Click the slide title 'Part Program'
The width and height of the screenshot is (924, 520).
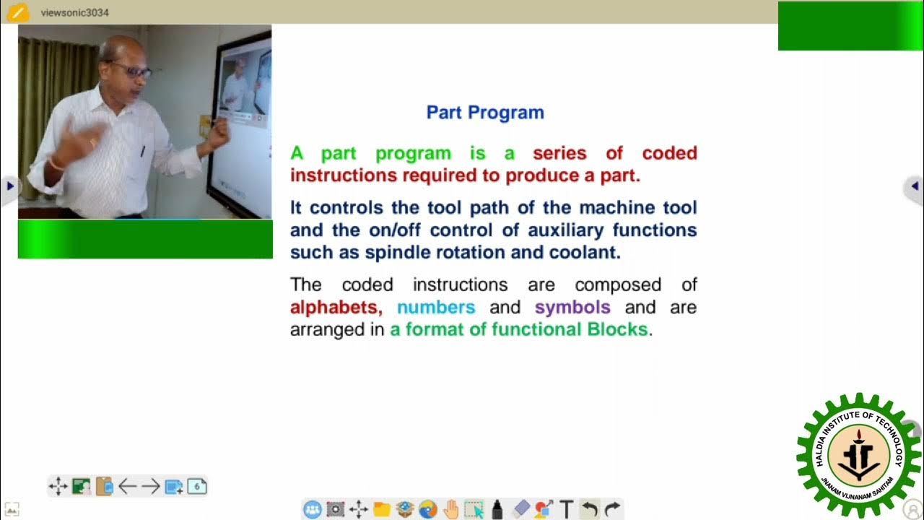[485, 113]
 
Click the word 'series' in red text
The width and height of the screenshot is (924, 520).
[559, 153]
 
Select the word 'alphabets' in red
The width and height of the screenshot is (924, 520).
[334, 308]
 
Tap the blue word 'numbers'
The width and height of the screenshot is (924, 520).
[436, 308]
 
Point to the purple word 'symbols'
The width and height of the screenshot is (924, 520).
[572, 308]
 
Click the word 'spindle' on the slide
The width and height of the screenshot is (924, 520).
[396, 253]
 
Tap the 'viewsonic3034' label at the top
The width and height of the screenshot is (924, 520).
[75, 12]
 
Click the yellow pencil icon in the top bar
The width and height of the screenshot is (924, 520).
[17, 12]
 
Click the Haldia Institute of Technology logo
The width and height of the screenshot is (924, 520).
[858, 455]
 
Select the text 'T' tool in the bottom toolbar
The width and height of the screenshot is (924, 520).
[567, 509]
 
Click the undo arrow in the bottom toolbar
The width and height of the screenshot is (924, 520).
[590, 509]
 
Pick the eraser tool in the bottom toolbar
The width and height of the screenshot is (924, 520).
[520, 509]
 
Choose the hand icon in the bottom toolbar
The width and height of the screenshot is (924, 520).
[451, 509]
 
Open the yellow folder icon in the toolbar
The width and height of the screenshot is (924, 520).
[382, 509]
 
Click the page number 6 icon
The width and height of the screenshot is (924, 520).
[197, 486]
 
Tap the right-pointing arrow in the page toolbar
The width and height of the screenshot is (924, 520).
[150, 486]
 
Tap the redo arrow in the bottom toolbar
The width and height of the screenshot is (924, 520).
[612, 509]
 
